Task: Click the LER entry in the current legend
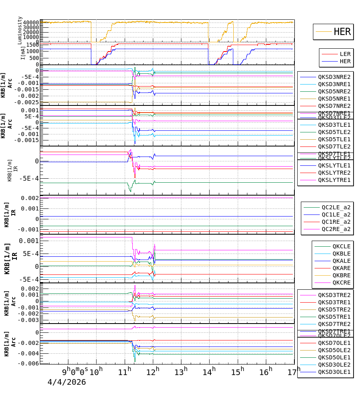[x=345, y=54]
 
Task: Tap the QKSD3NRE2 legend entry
[x=334, y=77]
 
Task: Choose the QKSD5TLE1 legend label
[x=334, y=139]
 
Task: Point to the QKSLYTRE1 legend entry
[x=334, y=180]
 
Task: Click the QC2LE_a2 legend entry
[x=336, y=207]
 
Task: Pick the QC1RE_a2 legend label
[x=336, y=222]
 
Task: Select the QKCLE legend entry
[x=341, y=246]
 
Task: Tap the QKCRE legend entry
[x=341, y=283]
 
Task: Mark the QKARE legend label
[x=341, y=268]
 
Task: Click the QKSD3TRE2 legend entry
[x=334, y=295]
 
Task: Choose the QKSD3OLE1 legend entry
[x=334, y=372]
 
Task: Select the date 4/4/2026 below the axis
[x=67, y=382]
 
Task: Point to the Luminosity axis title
[x=20, y=30]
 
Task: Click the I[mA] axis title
[x=23, y=53]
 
